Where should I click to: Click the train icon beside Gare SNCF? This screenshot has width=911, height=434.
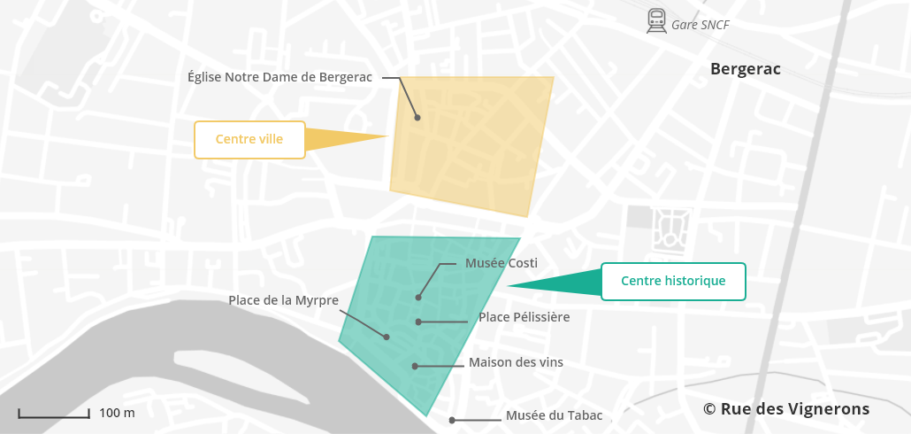coord(656,21)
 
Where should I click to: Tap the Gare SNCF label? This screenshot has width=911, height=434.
coord(700,25)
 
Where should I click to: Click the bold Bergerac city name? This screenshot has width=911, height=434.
coord(745,69)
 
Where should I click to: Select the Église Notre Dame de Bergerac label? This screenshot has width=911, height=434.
coord(280,77)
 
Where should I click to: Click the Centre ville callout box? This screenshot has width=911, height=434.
coord(249,140)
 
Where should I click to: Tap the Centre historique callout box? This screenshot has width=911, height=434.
coord(673,282)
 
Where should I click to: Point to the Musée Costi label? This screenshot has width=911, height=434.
coord(501,263)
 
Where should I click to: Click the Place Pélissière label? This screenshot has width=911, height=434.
coord(524,317)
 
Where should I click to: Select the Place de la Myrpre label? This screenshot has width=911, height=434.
coord(283,300)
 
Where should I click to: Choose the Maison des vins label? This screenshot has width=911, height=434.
coord(516,362)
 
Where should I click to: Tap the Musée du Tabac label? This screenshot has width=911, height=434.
coord(554,415)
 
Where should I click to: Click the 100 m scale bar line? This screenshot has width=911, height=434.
coord(53,414)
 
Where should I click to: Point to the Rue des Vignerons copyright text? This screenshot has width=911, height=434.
coord(786,409)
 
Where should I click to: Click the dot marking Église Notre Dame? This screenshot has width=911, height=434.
coord(417,117)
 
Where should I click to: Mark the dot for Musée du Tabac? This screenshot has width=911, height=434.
coord(452,420)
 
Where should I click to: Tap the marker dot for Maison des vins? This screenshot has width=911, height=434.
coord(414,366)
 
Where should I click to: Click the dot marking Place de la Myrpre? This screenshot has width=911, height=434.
coord(387,337)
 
